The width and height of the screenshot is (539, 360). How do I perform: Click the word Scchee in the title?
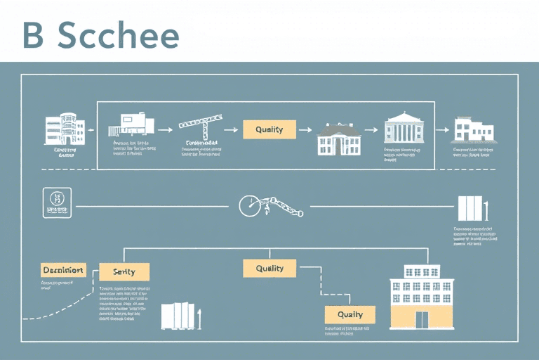click(x=119, y=35)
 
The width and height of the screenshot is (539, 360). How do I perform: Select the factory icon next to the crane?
click(x=131, y=124)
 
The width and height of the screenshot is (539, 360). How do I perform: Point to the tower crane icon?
click(x=200, y=127)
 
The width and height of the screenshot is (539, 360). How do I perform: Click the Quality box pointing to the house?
click(x=269, y=129)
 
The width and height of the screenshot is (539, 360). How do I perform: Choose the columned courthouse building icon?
click(x=405, y=129)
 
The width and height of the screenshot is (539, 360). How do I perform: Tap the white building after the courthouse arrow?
click(x=472, y=130)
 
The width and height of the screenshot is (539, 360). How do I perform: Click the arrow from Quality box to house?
click(x=306, y=129)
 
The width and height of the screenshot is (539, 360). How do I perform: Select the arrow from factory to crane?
click(x=165, y=129)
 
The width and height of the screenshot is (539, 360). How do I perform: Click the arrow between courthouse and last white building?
click(x=442, y=129)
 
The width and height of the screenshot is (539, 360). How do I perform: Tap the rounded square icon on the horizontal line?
click(x=56, y=202)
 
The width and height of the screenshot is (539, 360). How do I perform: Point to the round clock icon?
click(x=249, y=205)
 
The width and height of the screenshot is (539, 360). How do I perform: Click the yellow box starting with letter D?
click(x=63, y=269)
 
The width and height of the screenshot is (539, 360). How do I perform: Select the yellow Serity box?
click(x=124, y=271)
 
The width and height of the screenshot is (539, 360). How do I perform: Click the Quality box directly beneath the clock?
click(x=269, y=268)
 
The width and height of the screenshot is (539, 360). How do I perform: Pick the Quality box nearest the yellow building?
click(x=350, y=314)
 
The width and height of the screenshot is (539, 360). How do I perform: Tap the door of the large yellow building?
click(x=421, y=319)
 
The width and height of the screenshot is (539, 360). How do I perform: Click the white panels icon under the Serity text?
click(x=178, y=316)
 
